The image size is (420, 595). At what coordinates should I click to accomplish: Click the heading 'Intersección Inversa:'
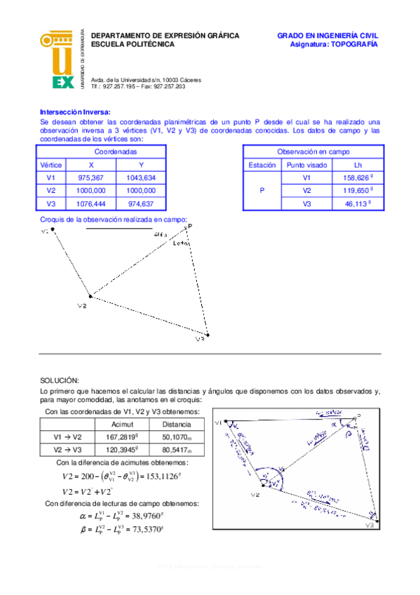[x=75, y=112]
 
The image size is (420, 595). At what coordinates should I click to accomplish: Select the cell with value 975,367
[x=91, y=178]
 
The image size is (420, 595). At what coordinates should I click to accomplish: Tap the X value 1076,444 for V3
[x=91, y=203]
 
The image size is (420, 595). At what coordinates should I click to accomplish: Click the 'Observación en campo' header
[x=313, y=152]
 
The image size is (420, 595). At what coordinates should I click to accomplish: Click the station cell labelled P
[x=262, y=190]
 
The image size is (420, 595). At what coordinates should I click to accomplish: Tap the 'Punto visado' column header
[x=306, y=165]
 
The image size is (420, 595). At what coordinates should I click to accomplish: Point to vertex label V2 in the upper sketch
[x=81, y=306]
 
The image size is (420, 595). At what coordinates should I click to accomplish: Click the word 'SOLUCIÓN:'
[x=60, y=379]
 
